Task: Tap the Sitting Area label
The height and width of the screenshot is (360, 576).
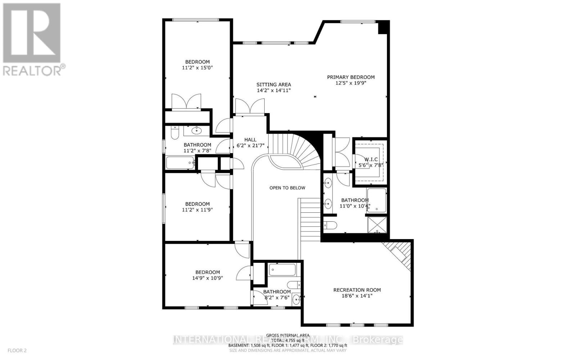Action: (x=274, y=85)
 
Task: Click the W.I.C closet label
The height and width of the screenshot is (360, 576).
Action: (x=371, y=159)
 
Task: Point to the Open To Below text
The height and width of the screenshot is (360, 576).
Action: (x=287, y=188)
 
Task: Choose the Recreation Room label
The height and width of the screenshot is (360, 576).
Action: (x=357, y=290)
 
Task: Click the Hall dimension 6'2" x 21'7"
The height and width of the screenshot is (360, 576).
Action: (x=250, y=146)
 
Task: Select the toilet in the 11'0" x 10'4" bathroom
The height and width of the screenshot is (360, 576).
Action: (x=330, y=225)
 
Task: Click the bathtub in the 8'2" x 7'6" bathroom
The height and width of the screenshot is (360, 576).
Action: (x=282, y=270)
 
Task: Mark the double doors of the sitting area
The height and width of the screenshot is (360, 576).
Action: (x=249, y=106)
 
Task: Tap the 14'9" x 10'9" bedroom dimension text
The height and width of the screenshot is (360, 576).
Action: (x=207, y=278)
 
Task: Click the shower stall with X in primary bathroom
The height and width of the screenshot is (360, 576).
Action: (x=377, y=225)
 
